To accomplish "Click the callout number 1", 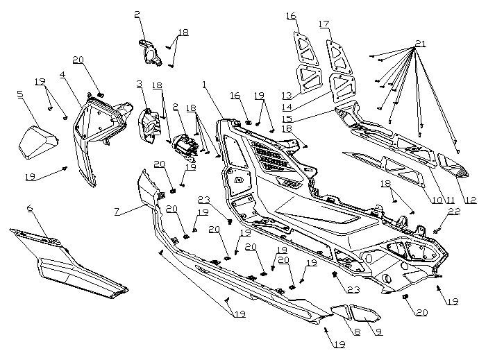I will [x=205, y=84].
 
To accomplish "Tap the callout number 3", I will [x=139, y=84].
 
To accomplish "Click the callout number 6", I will [x=30, y=208].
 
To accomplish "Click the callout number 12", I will [x=471, y=200].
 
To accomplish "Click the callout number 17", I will [x=324, y=25].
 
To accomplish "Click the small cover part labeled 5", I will [x=37, y=142].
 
